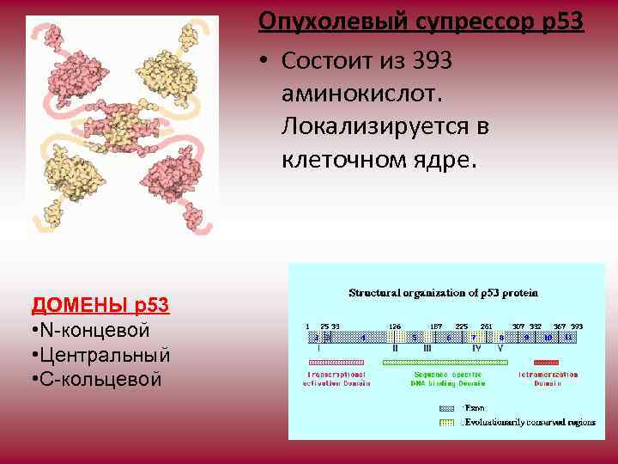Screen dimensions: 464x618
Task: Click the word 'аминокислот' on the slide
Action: click(356, 94)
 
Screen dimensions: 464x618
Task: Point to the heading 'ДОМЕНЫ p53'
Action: click(100, 305)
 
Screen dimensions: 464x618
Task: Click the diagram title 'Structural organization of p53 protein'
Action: click(444, 293)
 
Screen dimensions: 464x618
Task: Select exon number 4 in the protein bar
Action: click(362, 338)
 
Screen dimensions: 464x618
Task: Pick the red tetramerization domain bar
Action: click(546, 362)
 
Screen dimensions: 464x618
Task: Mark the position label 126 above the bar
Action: click(395, 327)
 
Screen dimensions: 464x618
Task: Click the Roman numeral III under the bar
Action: click(427, 349)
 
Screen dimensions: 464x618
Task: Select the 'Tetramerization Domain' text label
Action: click(548, 379)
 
